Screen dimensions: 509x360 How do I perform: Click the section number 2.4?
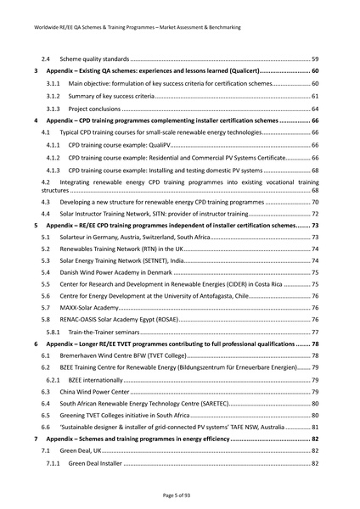[48, 58]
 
